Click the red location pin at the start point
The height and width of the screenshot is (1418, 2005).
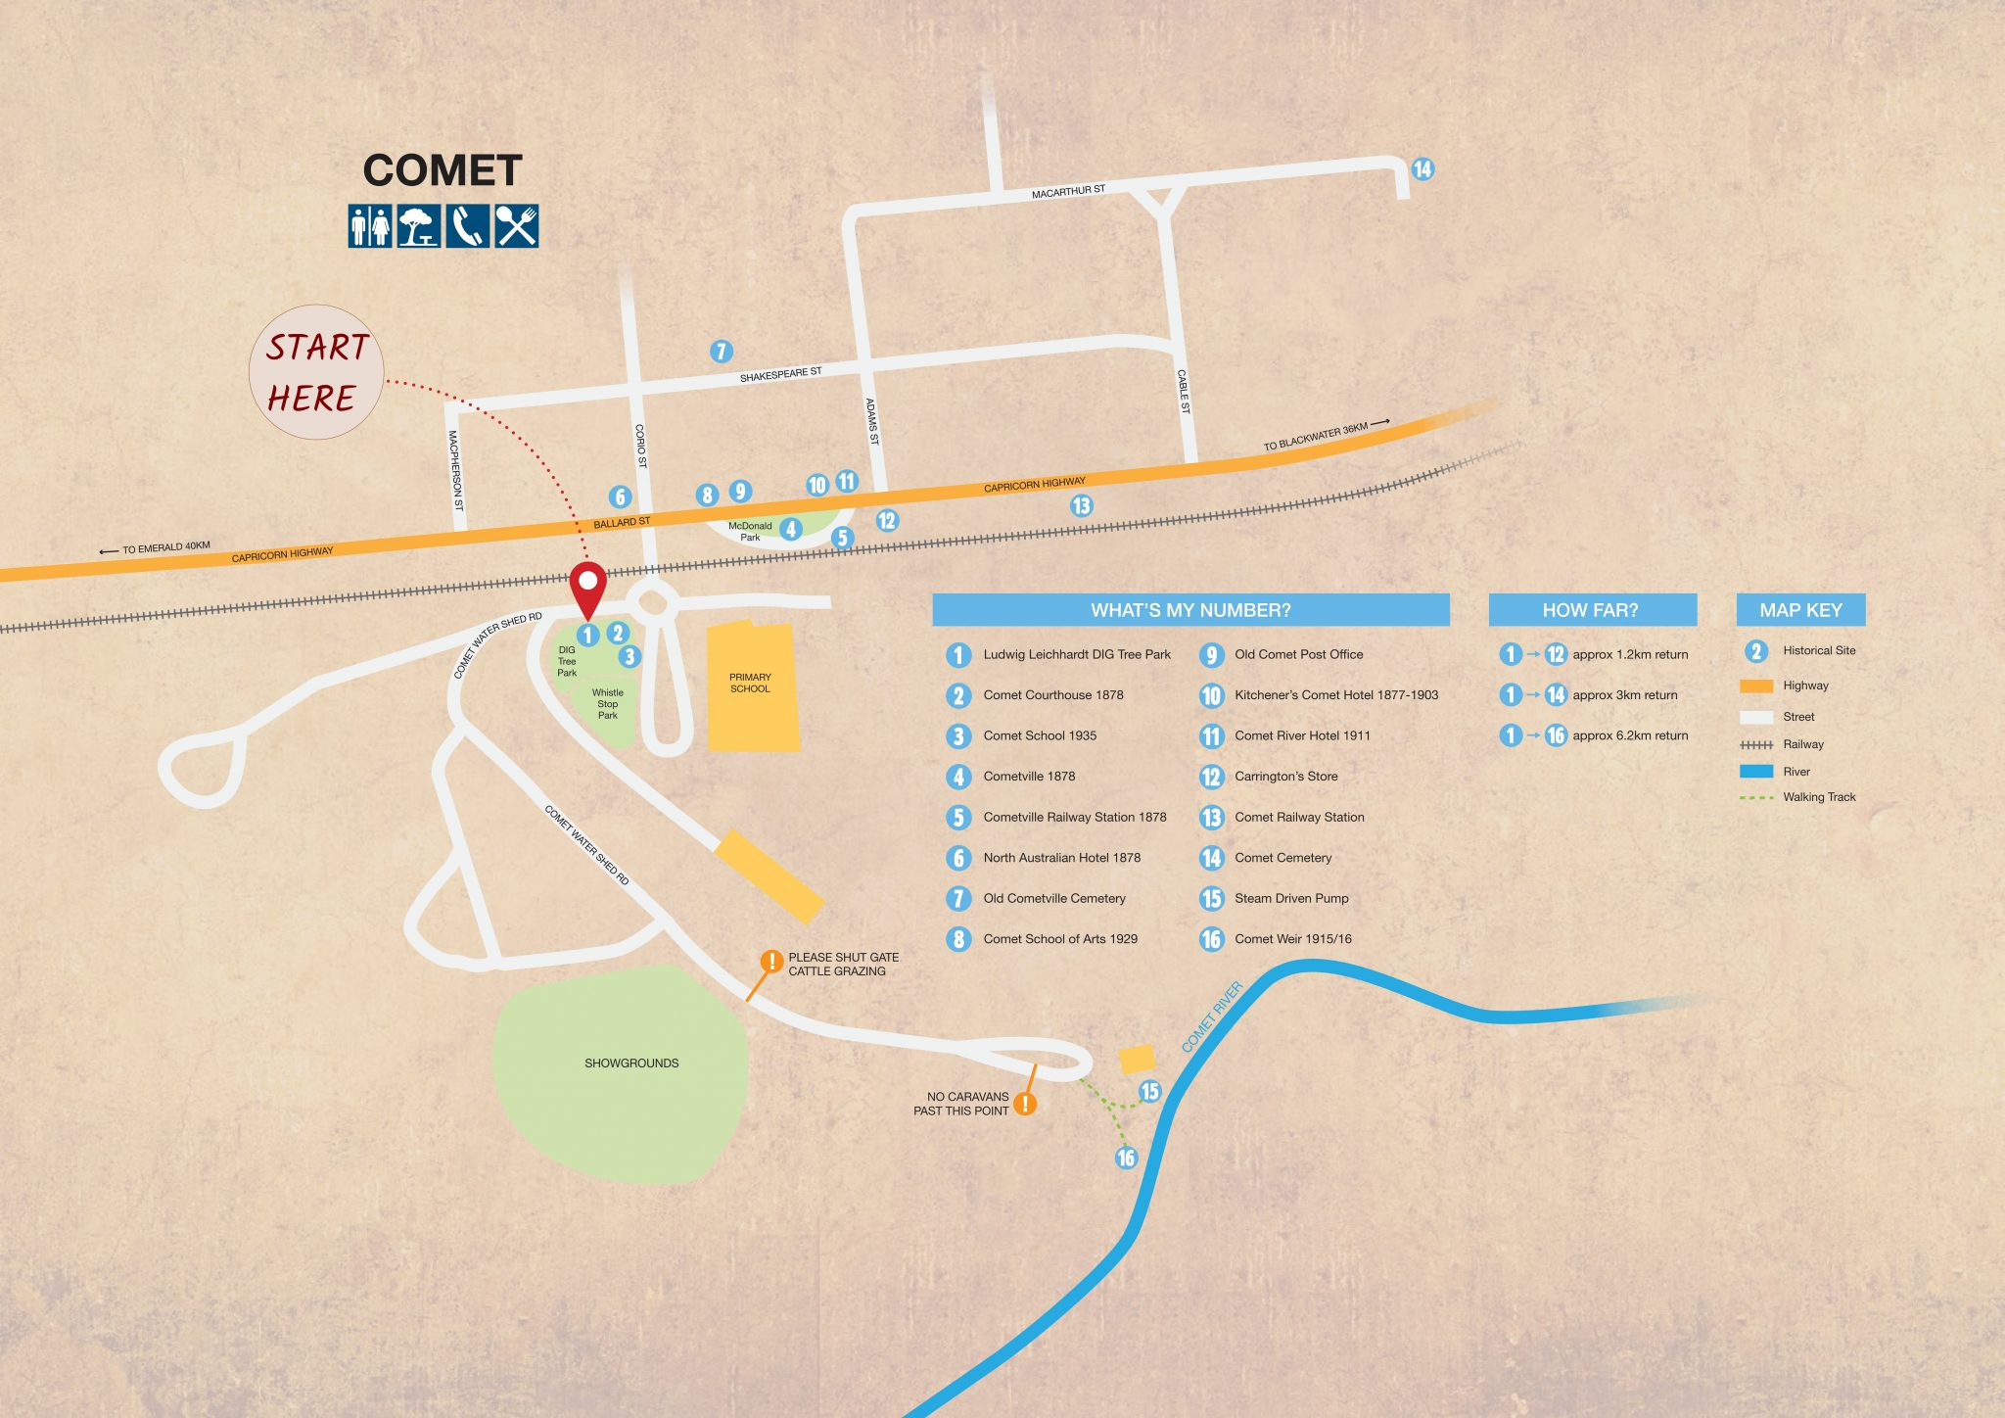(x=587, y=586)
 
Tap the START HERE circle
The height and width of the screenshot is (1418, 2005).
(x=315, y=372)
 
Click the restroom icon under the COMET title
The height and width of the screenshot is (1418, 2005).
(x=370, y=226)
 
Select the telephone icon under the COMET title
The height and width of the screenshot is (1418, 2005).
(x=467, y=226)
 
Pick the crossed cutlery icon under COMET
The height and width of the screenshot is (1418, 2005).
(x=516, y=226)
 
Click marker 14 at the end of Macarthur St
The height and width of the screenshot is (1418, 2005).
(x=1422, y=169)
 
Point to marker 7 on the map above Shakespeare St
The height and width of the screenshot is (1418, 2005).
(x=721, y=352)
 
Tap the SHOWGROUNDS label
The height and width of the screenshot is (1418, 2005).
(x=631, y=1063)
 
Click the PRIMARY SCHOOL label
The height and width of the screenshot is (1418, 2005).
(x=750, y=683)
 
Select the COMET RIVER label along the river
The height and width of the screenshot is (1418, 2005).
(x=1212, y=1016)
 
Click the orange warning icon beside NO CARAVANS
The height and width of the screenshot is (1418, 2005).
(x=1024, y=1104)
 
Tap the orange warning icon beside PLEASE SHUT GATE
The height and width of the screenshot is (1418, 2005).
(x=771, y=962)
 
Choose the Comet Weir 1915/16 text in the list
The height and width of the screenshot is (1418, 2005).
(x=1292, y=939)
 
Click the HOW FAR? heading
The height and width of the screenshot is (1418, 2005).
(x=1590, y=610)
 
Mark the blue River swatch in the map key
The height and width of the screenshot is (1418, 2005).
(x=1756, y=772)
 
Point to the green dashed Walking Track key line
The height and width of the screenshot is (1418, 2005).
(x=1756, y=798)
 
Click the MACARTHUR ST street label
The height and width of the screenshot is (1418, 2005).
(x=1068, y=192)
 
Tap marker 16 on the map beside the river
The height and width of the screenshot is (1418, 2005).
(x=1126, y=1158)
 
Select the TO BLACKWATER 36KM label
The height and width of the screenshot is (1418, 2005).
(x=1316, y=437)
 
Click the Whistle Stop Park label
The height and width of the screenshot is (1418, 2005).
(x=607, y=704)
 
